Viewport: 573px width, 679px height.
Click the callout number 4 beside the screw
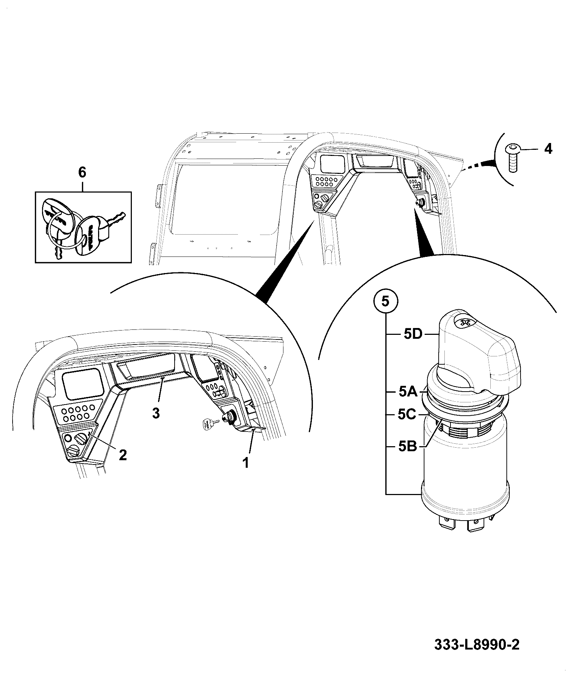tap(547, 148)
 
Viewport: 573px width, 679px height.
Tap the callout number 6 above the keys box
tap(82, 173)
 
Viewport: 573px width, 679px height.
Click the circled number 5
tap(385, 301)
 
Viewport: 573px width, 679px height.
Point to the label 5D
tap(413, 334)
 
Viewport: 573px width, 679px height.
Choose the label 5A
tap(408, 392)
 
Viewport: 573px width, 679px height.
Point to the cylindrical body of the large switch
tap(465, 467)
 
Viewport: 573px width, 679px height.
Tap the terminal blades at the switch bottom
tap(463, 528)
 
